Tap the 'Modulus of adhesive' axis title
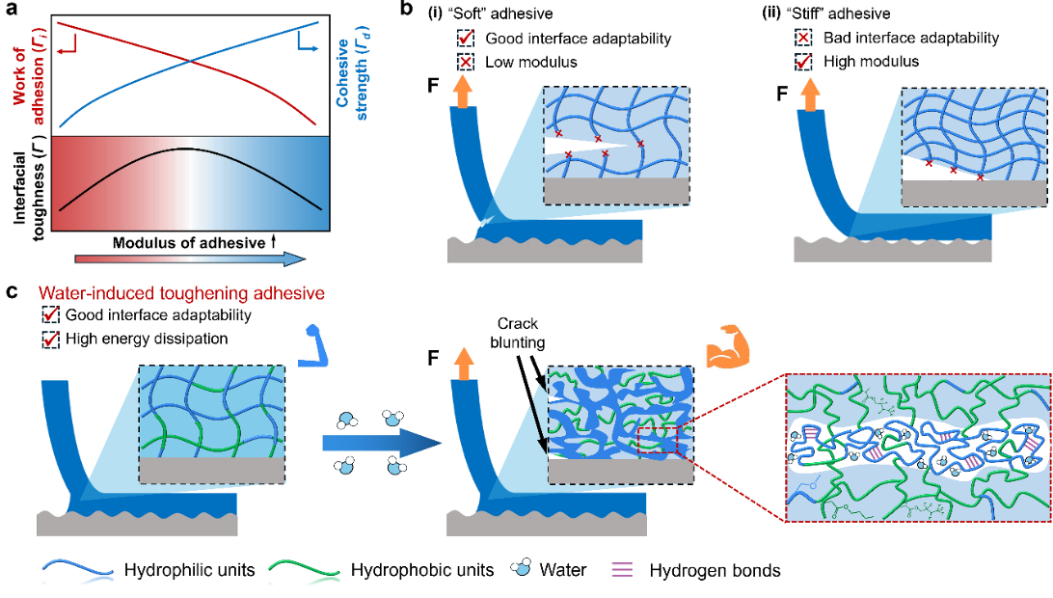pos(189,242)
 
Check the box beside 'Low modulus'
pos(466,62)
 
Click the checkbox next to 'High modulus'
pos(803,62)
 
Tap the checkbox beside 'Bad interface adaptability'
pos(803,38)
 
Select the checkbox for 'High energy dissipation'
pos(50,340)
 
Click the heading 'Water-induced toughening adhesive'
pos(181,293)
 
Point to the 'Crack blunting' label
pos(517,334)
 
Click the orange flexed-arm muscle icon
pos(727,345)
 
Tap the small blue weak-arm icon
pos(312,346)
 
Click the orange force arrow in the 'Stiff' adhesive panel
pos(811,94)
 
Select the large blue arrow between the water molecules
pos(382,443)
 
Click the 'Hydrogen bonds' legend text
pos(715,571)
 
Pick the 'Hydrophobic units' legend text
pos(422,570)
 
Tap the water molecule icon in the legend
pos(521,568)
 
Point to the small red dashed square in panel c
pos(658,444)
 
